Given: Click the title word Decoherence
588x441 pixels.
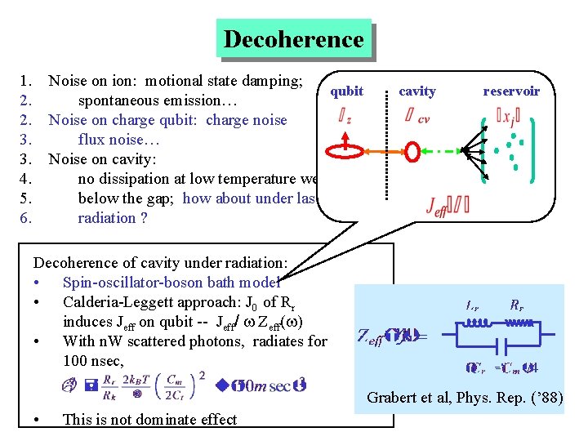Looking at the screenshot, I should point(293,39).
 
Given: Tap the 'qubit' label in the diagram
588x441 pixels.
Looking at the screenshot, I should point(348,91).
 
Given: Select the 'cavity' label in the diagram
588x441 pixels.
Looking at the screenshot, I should point(416,91).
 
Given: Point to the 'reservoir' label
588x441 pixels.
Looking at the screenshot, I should point(510,91).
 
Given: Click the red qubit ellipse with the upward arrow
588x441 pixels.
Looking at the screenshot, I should point(347,151).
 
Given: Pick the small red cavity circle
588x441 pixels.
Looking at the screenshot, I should point(412,152).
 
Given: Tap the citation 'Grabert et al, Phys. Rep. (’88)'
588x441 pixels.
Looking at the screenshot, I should point(464,399).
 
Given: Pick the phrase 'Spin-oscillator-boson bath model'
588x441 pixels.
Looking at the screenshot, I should point(171,283).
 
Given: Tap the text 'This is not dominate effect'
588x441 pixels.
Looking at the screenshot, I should point(149,420).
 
